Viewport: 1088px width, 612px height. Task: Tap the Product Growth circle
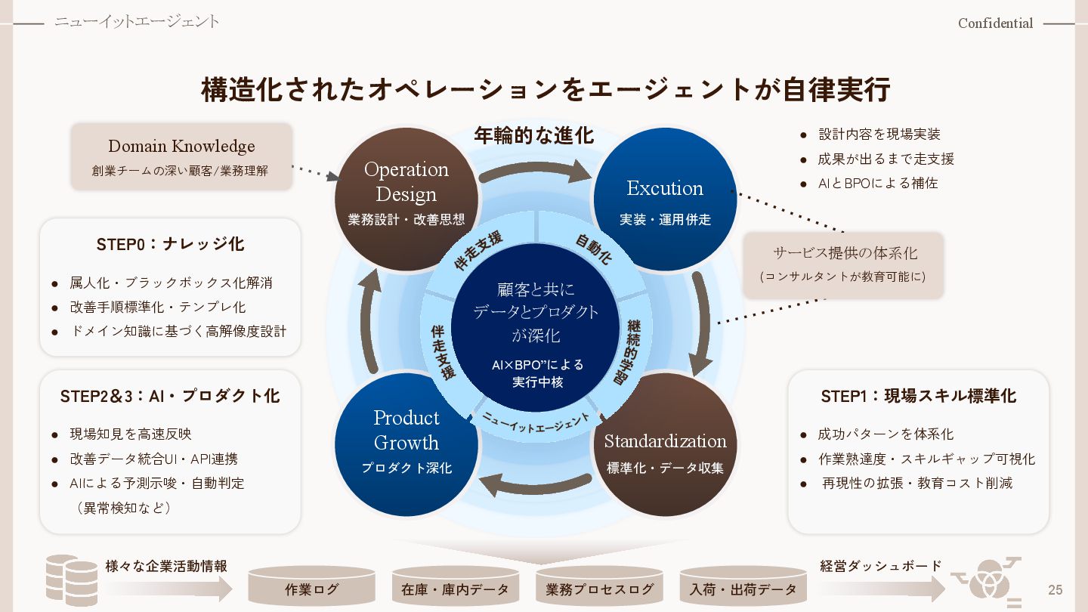(x=406, y=444)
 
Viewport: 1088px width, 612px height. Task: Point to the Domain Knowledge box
(x=181, y=156)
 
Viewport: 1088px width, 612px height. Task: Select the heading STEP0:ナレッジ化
(x=170, y=244)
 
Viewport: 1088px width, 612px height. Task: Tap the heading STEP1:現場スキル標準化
(x=918, y=396)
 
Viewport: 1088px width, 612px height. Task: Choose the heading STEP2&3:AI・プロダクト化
(x=170, y=396)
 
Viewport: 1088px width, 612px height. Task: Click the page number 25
(x=1055, y=589)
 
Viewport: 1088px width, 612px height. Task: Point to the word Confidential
(x=995, y=23)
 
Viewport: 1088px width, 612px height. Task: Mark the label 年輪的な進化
(x=534, y=136)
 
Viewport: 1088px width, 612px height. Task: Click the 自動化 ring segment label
(x=593, y=249)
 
